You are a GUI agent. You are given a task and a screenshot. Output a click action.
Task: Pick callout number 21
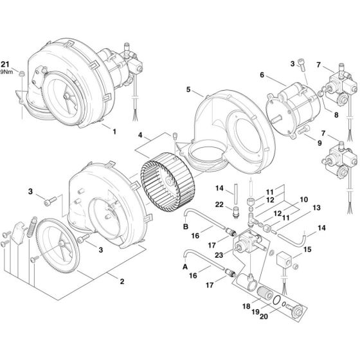[x=6, y=64]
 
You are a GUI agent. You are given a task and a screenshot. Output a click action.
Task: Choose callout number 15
[x=308, y=249]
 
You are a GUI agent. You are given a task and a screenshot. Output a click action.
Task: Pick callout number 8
[x=336, y=115]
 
